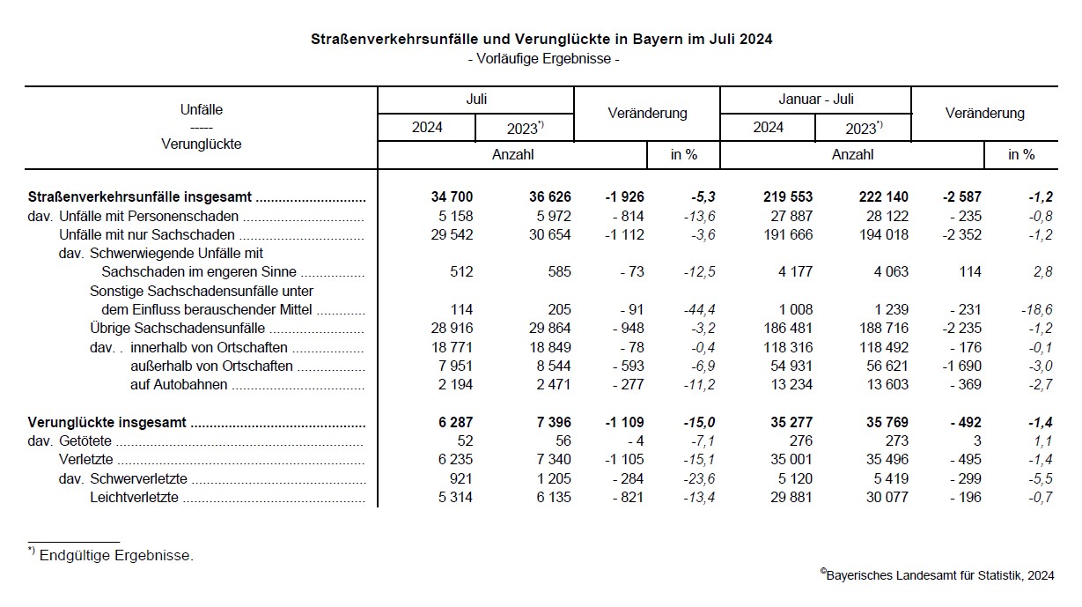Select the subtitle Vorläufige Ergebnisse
pyautogui.click(x=543, y=60)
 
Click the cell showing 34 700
pyautogui.click(x=449, y=196)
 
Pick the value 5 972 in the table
pyautogui.click(x=547, y=216)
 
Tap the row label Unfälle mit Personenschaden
pyautogui.click(x=149, y=216)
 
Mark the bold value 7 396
pyautogui.click(x=547, y=423)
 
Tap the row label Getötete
pyautogui.click(x=86, y=442)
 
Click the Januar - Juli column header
pyautogui.click(x=815, y=100)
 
